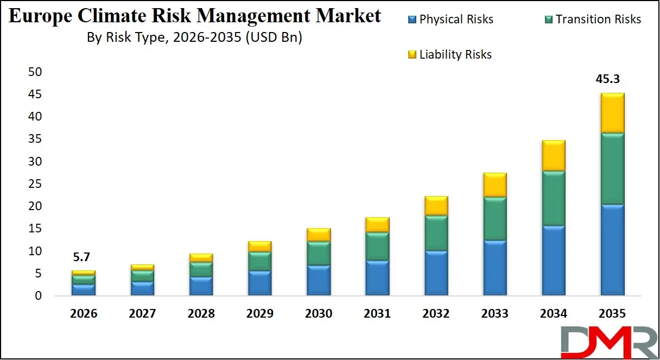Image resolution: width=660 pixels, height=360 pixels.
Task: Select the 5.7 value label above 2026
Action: [83, 257]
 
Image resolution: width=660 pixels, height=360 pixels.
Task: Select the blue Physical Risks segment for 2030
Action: [318, 280]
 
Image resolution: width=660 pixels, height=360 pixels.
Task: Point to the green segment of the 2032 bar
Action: [436, 233]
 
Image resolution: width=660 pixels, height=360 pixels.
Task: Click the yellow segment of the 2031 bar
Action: [377, 225]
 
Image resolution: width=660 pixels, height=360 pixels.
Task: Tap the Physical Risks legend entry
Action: [450, 20]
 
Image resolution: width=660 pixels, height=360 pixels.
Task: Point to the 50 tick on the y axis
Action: [35, 72]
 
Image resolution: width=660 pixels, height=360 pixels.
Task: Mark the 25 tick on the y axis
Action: [35, 184]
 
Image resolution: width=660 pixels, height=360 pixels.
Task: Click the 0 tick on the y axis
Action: [39, 296]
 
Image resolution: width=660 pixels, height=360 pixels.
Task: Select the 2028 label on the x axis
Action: [201, 314]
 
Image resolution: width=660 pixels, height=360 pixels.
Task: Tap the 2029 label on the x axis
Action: [259, 314]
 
